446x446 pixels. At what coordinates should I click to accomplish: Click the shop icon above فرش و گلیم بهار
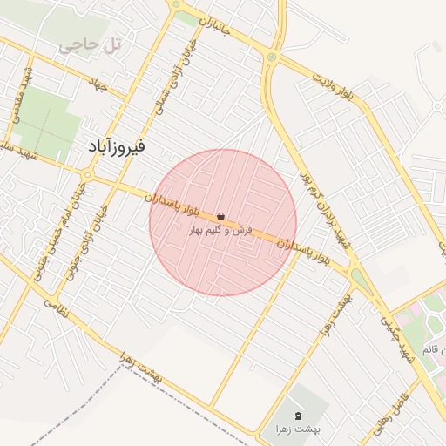[x=220, y=216]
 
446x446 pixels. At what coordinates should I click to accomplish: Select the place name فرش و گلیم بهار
[x=221, y=230]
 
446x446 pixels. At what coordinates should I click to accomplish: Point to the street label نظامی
[x=53, y=306]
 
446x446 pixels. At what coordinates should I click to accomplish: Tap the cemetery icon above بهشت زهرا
[x=301, y=415]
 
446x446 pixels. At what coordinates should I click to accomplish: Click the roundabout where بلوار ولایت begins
[x=272, y=57]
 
